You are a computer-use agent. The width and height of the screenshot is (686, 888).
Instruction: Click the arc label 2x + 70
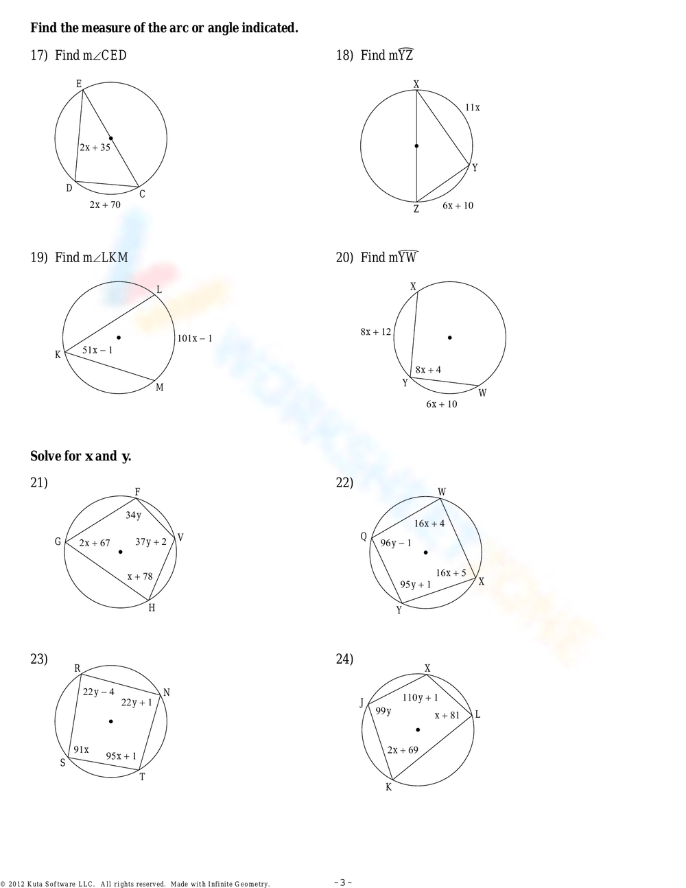click(x=105, y=205)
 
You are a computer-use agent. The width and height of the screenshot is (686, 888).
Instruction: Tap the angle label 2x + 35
click(x=95, y=147)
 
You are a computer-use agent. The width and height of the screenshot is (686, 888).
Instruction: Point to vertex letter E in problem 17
click(x=79, y=84)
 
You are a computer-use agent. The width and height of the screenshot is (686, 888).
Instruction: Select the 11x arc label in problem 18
click(x=472, y=108)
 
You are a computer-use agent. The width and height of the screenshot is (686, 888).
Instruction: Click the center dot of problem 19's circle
click(x=119, y=337)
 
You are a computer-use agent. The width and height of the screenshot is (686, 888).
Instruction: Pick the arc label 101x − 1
click(x=195, y=338)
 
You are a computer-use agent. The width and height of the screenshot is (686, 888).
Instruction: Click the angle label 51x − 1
click(x=97, y=350)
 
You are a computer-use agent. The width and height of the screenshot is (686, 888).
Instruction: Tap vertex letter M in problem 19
click(x=160, y=388)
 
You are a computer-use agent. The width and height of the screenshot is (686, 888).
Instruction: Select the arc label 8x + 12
click(x=375, y=332)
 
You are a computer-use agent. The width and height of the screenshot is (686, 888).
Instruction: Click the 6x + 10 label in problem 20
click(x=441, y=404)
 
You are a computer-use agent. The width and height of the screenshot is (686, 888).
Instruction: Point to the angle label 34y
click(x=133, y=515)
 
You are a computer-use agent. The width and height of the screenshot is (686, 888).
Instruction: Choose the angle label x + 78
click(x=140, y=576)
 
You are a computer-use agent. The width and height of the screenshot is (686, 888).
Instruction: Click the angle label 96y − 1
click(x=396, y=543)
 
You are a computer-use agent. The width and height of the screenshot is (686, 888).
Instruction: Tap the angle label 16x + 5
click(x=451, y=573)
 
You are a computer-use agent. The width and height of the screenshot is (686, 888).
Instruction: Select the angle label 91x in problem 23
click(x=82, y=749)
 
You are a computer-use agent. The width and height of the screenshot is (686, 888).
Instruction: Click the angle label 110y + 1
click(x=420, y=698)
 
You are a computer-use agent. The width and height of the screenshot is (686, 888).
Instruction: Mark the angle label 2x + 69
click(x=403, y=750)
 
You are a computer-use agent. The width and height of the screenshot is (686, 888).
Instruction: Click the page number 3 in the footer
click(x=343, y=883)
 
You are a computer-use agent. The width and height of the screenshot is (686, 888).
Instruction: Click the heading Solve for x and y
click(x=80, y=456)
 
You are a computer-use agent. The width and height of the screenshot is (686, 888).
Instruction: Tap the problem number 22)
click(x=344, y=482)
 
